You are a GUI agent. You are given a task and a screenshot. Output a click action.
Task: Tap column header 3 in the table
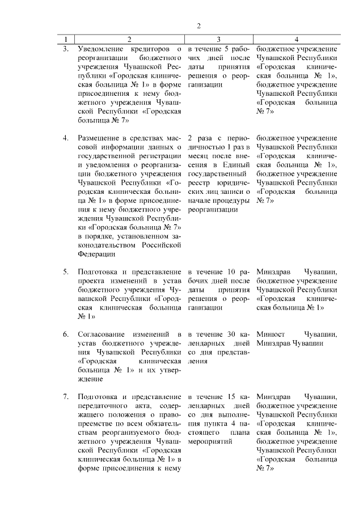click(x=218, y=39)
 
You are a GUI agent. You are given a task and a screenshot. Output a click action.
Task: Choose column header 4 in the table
click(x=297, y=39)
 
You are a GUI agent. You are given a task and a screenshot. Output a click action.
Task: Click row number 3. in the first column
click(x=66, y=49)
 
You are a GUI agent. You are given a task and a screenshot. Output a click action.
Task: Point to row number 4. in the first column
click(x=66, y=138)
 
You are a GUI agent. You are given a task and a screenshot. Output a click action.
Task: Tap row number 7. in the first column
click(x=66, y=396)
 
